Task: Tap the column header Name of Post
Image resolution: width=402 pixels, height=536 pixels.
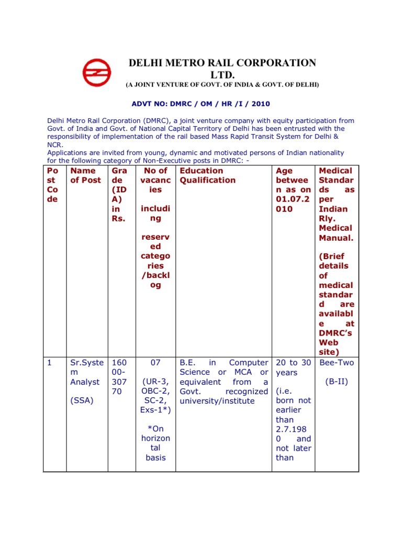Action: (83, 175)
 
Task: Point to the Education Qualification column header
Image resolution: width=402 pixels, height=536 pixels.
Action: (207, 175)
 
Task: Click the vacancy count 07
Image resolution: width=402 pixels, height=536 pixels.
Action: (155, 363)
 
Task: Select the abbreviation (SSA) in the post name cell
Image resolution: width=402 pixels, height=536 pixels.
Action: (81, 401)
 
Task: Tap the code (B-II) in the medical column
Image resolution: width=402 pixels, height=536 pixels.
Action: (337, 382)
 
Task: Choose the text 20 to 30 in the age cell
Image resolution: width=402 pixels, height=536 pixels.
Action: (293, 363)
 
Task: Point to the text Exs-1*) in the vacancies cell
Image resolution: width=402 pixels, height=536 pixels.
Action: (155, 410)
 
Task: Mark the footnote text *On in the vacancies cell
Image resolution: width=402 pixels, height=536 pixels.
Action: (155, 429)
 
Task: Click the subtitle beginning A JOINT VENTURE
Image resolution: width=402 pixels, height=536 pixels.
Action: (221, 84)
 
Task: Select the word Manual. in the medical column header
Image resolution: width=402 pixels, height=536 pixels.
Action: (336, 238)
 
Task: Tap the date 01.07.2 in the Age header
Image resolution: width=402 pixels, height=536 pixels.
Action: (293, 199)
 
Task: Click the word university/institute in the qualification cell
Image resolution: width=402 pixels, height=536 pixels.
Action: (217, 401)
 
